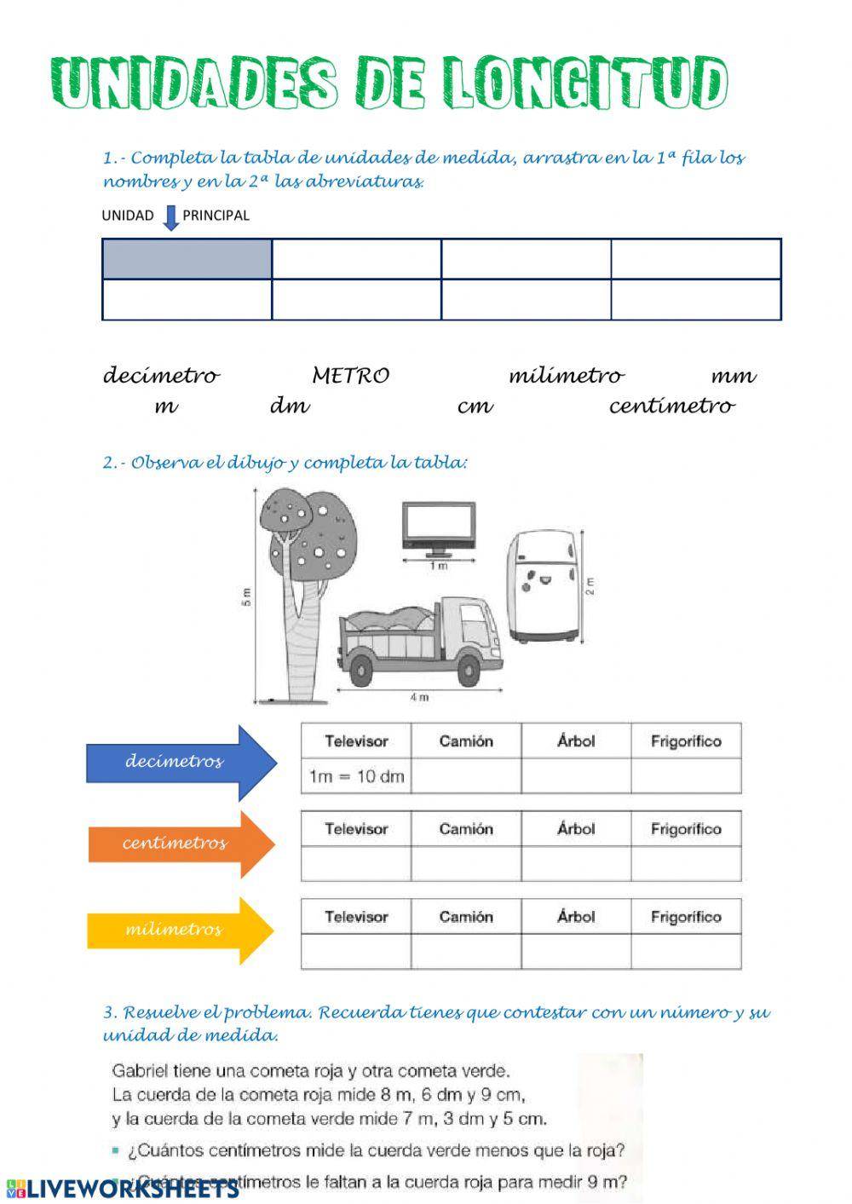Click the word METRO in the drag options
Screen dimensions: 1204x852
point(350,376)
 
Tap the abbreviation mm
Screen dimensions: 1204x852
point(733,376)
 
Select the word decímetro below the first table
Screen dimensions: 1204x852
point(161,376)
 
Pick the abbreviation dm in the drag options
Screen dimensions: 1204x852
point(290,406)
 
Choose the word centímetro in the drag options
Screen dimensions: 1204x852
point(671,406)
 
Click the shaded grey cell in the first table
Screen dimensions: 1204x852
point(187,259)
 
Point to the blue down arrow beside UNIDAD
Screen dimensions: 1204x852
point(170,217)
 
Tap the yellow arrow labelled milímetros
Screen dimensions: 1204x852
point(179,930)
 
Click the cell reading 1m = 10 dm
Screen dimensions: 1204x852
point(356,776)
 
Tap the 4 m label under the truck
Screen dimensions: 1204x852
point(419,698)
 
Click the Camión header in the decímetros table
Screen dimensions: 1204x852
point(466,741)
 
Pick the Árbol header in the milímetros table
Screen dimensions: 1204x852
point(576,917)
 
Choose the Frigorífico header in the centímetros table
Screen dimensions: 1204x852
point(686,829)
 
